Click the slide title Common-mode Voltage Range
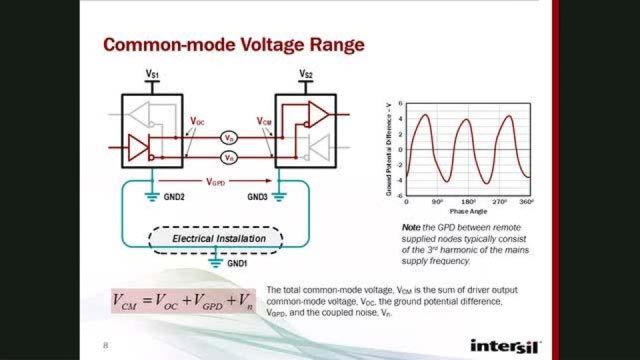click(233, 45)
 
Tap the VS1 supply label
click(153, 73)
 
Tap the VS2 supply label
click(306, 73)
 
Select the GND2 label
click(175, 197)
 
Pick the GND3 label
click(258, 197)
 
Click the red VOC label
click(197, 121)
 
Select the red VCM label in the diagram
click(265, 121)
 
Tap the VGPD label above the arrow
click(216, 181)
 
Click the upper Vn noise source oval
click(229, 138)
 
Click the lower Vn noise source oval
click(229, 158)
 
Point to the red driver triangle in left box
click(138, 147)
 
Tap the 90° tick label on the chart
click(437, 201)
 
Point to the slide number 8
click(105, 345)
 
